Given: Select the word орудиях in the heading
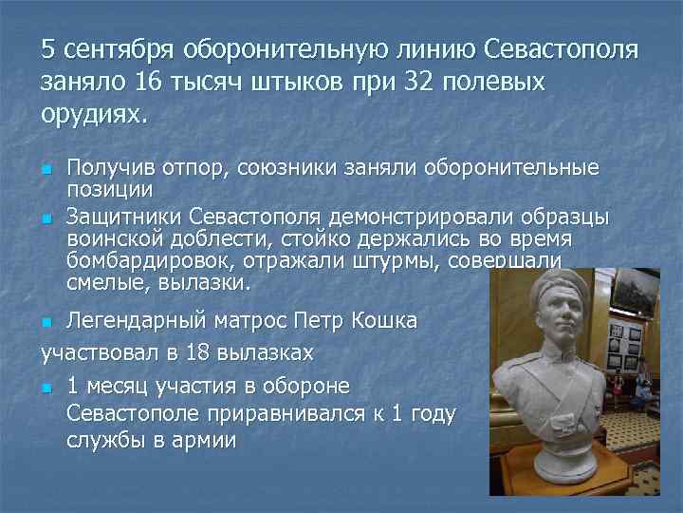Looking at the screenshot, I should point(92,115).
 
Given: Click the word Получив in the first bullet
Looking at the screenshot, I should point(106,167).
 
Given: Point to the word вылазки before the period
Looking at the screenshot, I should point(212,282).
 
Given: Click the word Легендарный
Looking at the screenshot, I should point(138,321).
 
